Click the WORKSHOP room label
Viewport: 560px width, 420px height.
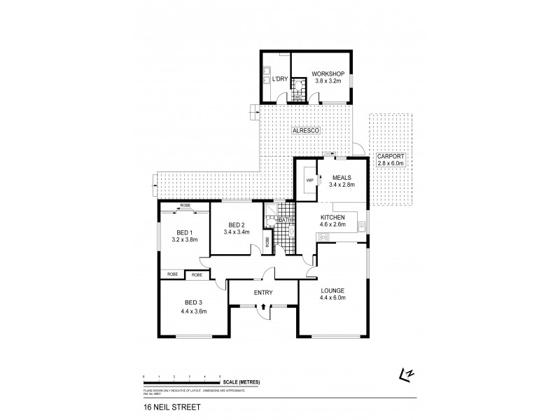327,73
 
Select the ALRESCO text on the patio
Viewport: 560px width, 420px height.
303,131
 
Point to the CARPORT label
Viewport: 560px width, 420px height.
391,156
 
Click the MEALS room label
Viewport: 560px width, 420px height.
342,178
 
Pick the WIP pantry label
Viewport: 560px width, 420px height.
309,181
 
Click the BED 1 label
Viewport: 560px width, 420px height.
185,232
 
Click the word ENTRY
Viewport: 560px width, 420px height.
264,293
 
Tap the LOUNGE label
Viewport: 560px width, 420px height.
333,290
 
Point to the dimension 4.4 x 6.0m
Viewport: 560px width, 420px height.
333,298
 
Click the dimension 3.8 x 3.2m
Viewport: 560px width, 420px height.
327,81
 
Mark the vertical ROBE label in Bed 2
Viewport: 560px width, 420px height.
267,242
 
